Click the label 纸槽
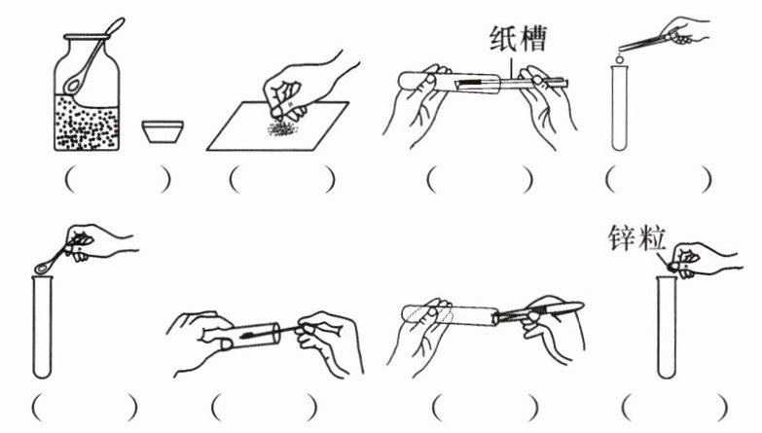tap(518, 38)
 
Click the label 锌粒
tap(636, 238)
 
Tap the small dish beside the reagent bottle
tap(163, 131)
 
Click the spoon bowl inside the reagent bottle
tap(74, 85)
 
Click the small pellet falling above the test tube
tap(620, 59)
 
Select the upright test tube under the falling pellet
tap(620, 108)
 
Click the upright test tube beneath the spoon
tap(42, 327)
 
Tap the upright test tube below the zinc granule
tap(667, 327)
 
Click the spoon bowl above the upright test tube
tap(43, 267)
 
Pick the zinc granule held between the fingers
tap(674, 267)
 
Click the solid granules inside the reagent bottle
tap(87, 122)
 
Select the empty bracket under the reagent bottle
tap(118, 180)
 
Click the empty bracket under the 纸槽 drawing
tap(480, 180)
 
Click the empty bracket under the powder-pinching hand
tap(282, 180)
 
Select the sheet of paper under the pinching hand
tap(278, 126)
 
